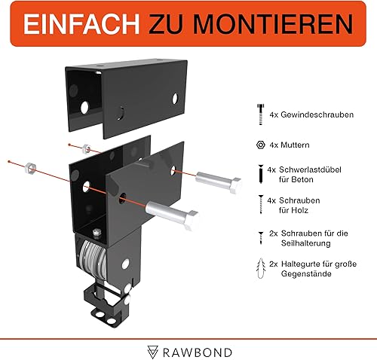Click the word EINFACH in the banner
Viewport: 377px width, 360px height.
tap(81, 24)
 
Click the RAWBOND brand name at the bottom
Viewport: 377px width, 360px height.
tap(198, 352)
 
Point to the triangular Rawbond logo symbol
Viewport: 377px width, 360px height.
tap(152, 352)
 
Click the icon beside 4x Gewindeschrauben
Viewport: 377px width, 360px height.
tap(261, 114)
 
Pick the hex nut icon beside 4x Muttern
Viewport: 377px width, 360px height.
tap(261, 145)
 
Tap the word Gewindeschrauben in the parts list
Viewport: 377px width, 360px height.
tap(317, 114)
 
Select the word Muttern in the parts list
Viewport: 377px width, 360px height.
tap(295, 145)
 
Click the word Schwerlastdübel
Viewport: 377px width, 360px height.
tap(310, 169)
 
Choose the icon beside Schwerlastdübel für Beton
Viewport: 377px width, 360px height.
tap(261, 174)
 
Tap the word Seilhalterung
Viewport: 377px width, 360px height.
tap(306, 243)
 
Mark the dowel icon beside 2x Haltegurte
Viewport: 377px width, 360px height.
tap(261, 268)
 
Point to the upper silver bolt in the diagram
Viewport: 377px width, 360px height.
tap(219, 182)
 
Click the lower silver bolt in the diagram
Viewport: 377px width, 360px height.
tap(172, 214)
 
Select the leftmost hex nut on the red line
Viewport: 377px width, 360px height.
tap(30, 168)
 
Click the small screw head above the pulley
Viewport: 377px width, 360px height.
tap(97, 232)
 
